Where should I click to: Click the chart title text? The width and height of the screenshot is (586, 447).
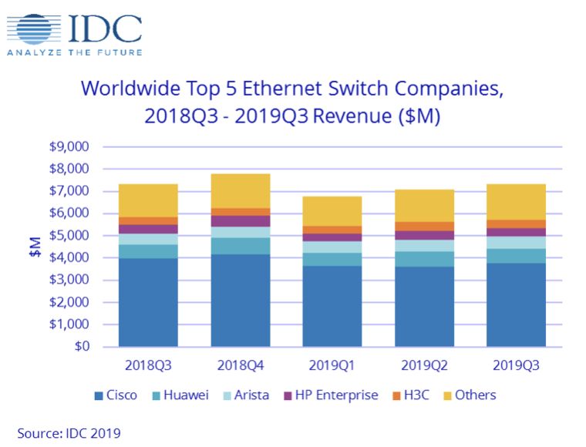[x=292, y=102]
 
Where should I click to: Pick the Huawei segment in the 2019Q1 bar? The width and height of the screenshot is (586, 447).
[x=332, y=259]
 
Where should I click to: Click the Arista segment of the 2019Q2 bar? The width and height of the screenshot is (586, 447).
[x=424, y=246]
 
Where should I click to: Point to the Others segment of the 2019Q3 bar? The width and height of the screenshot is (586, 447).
[x=517, y=202]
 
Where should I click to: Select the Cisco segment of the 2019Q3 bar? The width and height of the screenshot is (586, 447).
[x=517, y=305]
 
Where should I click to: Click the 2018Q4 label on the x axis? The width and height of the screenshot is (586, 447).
[x=240, y=364]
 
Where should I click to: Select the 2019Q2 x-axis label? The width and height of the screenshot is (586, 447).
[x=424, y=364]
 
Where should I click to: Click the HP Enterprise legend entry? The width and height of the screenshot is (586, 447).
[x=332, y=395]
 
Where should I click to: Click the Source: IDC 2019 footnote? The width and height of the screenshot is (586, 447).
[x=69, y=432]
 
